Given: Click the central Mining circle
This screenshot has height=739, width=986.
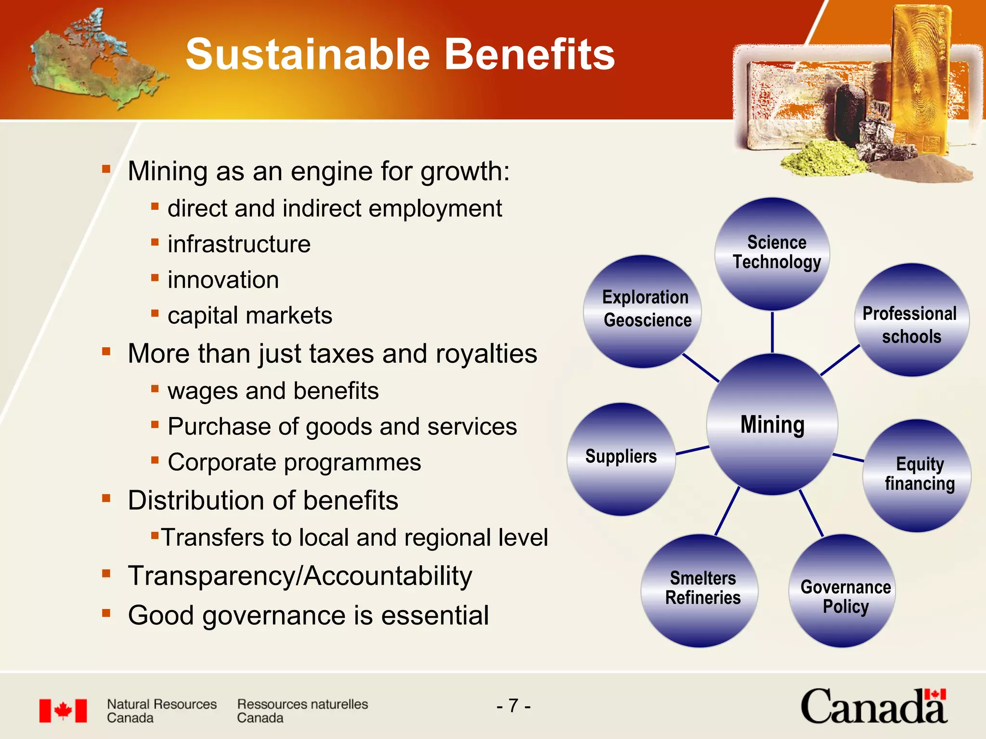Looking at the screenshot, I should (772, 424).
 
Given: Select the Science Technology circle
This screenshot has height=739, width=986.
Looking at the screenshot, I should (772, 254).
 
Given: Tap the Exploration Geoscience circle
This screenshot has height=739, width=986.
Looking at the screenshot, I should (642, 311).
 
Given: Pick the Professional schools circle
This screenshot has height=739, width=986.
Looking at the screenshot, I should (911, 320).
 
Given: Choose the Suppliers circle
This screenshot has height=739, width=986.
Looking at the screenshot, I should (621, 459).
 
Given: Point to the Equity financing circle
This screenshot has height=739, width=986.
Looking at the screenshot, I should (917, 475).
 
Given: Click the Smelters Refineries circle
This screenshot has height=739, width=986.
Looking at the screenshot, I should (699, 590).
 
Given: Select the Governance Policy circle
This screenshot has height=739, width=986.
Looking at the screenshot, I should (842, 591).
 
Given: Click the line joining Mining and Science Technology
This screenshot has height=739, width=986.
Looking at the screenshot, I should (772, 332).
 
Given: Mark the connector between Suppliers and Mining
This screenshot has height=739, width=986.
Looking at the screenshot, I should (692, 450).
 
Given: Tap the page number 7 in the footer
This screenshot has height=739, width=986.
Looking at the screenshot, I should (514, 706).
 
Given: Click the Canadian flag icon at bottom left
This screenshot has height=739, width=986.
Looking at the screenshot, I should (63, 711).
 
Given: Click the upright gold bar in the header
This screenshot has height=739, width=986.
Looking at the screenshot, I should (919, 77).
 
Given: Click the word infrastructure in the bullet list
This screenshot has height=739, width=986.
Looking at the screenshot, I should (239, 244).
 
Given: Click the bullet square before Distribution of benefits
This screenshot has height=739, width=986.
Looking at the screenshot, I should (106, 498).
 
